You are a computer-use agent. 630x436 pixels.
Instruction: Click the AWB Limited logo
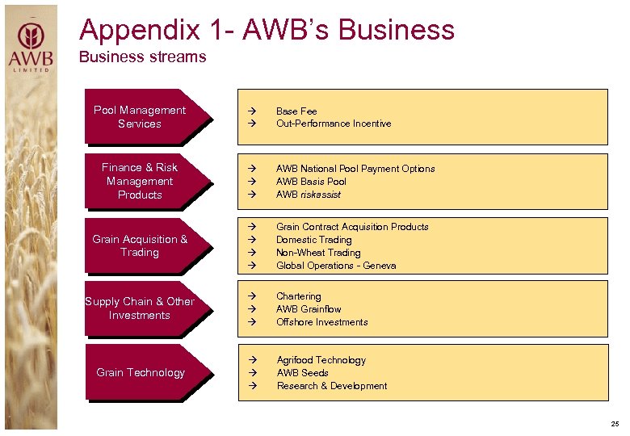[31, 46]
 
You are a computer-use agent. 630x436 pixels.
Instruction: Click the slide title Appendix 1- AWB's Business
[267, 30]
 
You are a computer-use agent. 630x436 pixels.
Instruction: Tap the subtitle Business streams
[142, 57]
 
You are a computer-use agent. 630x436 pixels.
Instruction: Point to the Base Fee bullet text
[296, 111]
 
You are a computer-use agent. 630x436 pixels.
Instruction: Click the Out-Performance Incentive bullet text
[334, 124]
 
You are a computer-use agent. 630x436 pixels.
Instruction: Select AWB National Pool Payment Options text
[355, 169]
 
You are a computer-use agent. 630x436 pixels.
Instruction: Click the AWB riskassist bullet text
[309, 195]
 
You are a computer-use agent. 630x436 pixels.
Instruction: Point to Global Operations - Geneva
[336, 266]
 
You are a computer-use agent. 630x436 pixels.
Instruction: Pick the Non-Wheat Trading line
[318, 253]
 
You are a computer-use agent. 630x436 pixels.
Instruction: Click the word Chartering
[299, 296]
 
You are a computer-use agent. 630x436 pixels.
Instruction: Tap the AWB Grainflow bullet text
[309, 309]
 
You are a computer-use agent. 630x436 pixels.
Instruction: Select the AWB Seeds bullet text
[302, 373]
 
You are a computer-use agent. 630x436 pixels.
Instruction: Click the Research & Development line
[332, 386]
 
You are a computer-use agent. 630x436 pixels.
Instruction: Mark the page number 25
[615, 424]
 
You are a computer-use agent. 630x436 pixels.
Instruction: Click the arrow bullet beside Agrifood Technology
[252, 360]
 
